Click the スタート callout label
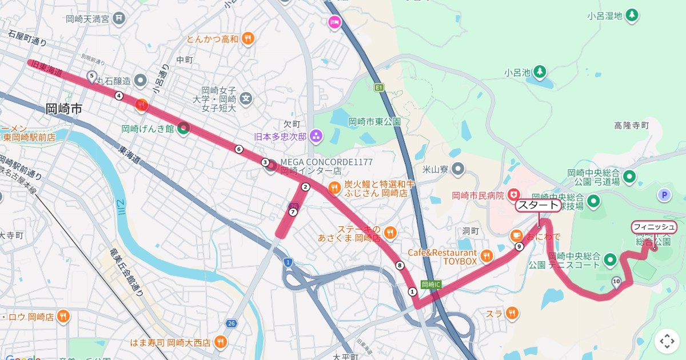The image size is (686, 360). tap(538, 206)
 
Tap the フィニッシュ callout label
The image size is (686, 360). tap(654, 227)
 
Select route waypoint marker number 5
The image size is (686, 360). tap(91, 75)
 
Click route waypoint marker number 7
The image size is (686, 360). tap(293, 212)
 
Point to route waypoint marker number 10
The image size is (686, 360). tap(616, 281)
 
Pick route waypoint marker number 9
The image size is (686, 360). tap(519, 246)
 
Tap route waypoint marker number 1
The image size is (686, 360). tap(412, 291)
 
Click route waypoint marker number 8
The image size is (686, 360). tap(400, 265)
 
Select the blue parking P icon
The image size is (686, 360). tap(664, 195)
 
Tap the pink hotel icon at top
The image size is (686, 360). tap(334, 22)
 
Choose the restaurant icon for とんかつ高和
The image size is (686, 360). tap(248, 39)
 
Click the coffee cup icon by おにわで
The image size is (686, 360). tap(516, 235)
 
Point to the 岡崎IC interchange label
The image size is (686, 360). tap(430, 284)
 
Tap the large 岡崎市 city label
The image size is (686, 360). tap(65, 109)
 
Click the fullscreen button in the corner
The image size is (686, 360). tap(667, 341)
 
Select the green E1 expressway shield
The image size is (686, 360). tap(378, 87)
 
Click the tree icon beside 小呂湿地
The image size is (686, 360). tap(632, 15)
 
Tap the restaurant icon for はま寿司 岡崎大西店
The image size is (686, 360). tap(220, 342)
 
